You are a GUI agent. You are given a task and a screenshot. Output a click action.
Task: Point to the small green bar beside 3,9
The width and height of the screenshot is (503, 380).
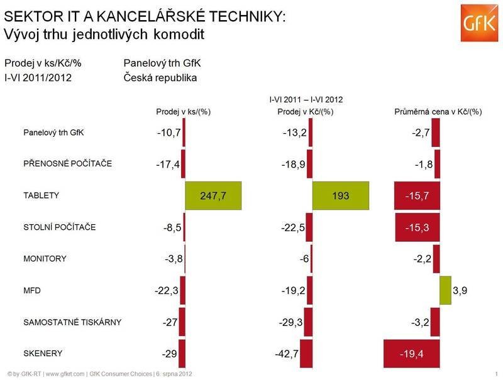click(445, 290)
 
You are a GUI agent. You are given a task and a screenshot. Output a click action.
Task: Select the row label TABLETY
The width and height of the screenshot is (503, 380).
click(41, 195)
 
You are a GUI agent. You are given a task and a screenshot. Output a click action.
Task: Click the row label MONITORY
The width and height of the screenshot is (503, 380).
click(45, 259)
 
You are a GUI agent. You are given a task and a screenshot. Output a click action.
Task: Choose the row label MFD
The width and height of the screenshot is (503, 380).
click(31, 291)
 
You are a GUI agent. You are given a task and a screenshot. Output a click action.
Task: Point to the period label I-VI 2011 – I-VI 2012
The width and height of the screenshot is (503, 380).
click(306, 99)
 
